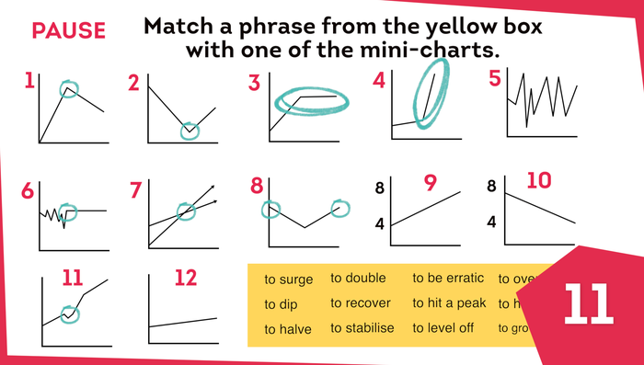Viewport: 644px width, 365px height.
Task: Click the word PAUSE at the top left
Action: pos(67,29)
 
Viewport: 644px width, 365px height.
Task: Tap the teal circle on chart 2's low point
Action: pos(190,131)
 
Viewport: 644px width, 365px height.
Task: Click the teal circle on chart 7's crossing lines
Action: pos(188,211)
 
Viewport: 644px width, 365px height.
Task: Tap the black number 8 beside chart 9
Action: pos(377,189)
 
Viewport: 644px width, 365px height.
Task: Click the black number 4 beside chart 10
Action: pos(491,222)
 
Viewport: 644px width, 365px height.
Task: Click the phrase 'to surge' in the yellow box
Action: pos(288,279)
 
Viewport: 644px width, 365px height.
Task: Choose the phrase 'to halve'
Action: pos(287,329)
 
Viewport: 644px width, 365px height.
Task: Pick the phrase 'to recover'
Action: pos(361,303)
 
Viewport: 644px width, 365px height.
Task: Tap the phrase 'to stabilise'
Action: pos(362,328)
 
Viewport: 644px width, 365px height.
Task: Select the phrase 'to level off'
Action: pos(443,328)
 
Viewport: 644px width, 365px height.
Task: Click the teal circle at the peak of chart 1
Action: pos(70,89)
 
